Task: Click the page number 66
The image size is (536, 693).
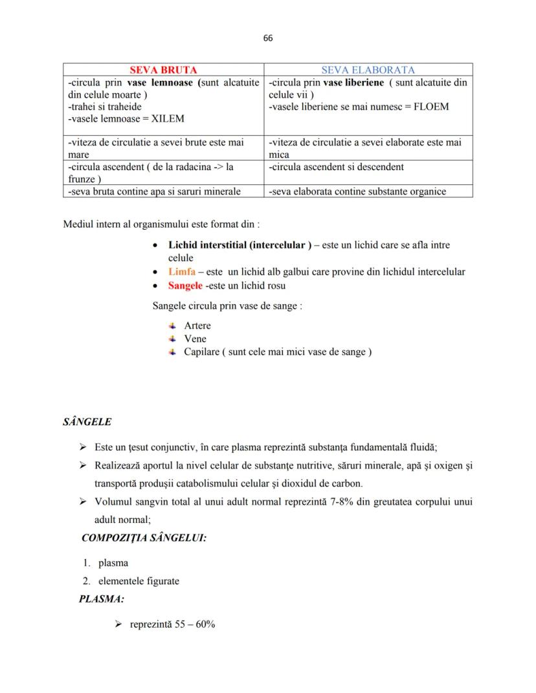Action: pos(268,38)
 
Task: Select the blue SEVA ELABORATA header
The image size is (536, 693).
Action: pos(368,70)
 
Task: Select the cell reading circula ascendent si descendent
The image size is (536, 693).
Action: pos(336,167)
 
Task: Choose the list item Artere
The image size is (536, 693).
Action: pos(197,325)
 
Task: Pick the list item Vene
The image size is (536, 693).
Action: pos(195,338)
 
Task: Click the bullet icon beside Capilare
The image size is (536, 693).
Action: pos(172,351)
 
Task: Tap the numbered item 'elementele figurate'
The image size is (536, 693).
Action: pos(139,581)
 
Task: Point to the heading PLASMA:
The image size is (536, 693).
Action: pos(102,599)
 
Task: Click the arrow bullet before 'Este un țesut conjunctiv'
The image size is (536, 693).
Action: pos(83,447)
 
